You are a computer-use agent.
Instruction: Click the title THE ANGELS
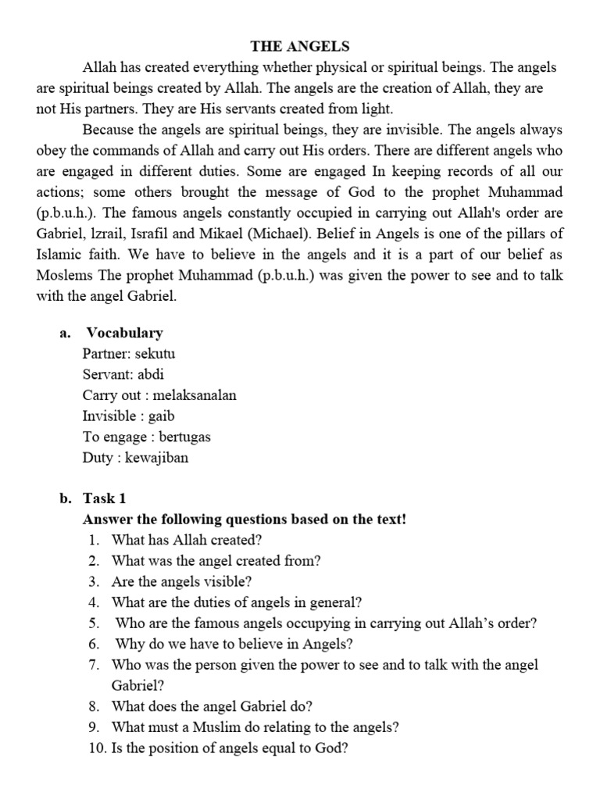click(x=300, y=46)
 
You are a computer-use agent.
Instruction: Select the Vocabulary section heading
click(x=124, y=332)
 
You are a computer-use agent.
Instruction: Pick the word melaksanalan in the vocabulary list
click(x=195, y=395)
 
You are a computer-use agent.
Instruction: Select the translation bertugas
click(x=184, y=437)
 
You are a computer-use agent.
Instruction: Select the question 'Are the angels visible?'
click(x=182, y=581)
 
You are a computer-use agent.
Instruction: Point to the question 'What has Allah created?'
click(x=187, y=540)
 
